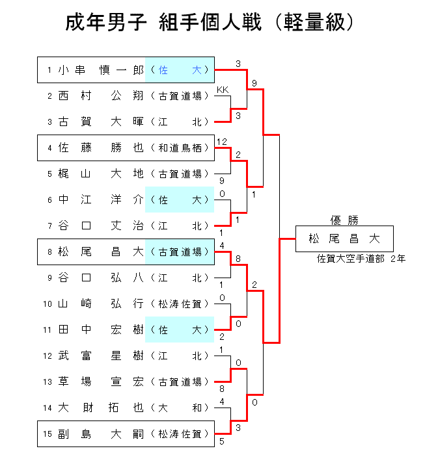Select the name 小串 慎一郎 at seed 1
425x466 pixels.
click(x=100, y=70)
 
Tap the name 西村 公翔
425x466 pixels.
click(x=100, y=96)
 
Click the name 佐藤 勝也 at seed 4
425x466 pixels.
click(x=100, y=148)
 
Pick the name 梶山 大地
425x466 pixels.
click(x=100, y=174)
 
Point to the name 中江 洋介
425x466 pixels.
click(x=100, y=200)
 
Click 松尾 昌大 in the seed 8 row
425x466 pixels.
click(x=100, y=252)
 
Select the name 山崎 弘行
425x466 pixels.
click(x=100, y=303)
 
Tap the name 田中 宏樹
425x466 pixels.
click(x=100, y=330)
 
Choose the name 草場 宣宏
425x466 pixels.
click(x=100, y=382)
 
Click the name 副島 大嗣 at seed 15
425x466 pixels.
click(x=100, y=434)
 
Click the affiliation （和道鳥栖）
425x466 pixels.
click(x=182, y=148)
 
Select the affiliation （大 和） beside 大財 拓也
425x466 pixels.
click(x=182, y=408)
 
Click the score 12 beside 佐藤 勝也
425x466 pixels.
click(x=222, y=141)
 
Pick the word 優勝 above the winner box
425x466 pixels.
click(x=344, y=220)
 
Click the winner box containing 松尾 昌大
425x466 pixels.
click(x=344, y=239)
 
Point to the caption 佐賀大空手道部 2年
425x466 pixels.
click(x=361, y=259)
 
